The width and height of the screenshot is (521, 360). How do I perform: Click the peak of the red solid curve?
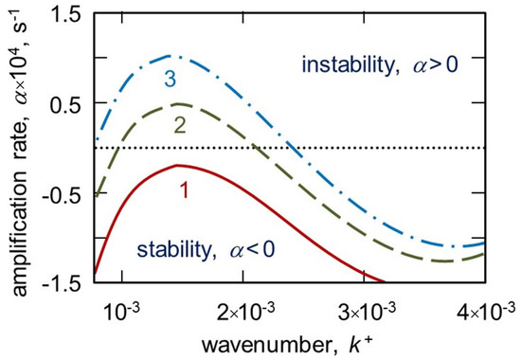(x=177, y=165)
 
